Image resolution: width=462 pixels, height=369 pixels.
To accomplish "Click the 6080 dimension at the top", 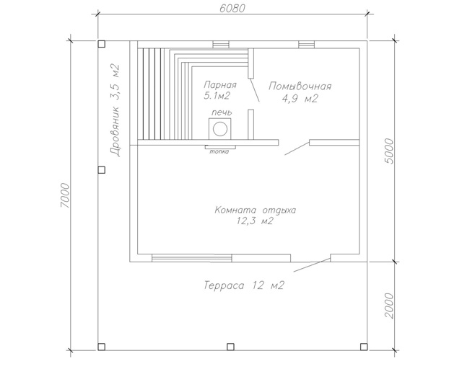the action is (x=232, y=8).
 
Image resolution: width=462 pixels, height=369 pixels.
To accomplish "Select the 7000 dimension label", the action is (x=65, y=195).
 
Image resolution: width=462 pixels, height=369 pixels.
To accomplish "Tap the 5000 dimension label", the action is (x=389, y=151).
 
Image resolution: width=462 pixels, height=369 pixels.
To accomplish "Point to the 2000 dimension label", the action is (x=389, y=306).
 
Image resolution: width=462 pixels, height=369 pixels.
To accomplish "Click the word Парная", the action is (x=219, y=85).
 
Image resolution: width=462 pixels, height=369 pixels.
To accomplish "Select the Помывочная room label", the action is (x=300, y=86).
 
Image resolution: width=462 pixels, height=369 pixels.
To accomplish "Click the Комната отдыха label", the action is (x=255, y=210).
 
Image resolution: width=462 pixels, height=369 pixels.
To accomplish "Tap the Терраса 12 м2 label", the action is (x=244, y=285).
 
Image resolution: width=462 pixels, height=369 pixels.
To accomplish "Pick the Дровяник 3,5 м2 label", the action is (x=115, y=110).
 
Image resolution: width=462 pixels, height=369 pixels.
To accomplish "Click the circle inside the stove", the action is (x=220, y=129).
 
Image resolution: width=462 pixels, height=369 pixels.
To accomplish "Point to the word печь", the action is (x=222, y=112).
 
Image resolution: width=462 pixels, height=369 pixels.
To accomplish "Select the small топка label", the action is (x=219, y=152).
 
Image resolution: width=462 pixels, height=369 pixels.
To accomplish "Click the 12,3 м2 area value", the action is (x=255, y=221).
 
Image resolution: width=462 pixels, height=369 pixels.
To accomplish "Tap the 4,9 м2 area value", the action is (x=300, y=99).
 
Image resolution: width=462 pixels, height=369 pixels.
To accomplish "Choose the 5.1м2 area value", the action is (x=217, y=96).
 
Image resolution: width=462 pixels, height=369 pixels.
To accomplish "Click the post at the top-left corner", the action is (x=101, y=44).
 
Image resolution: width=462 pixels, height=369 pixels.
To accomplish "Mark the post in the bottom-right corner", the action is (x=364, y=347).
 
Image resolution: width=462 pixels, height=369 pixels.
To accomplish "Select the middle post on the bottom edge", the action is (x=230, y=347).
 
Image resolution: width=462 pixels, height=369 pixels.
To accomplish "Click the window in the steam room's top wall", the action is (x=221, y=45).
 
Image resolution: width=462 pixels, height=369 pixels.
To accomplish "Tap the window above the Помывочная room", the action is (x=306, y=45).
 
